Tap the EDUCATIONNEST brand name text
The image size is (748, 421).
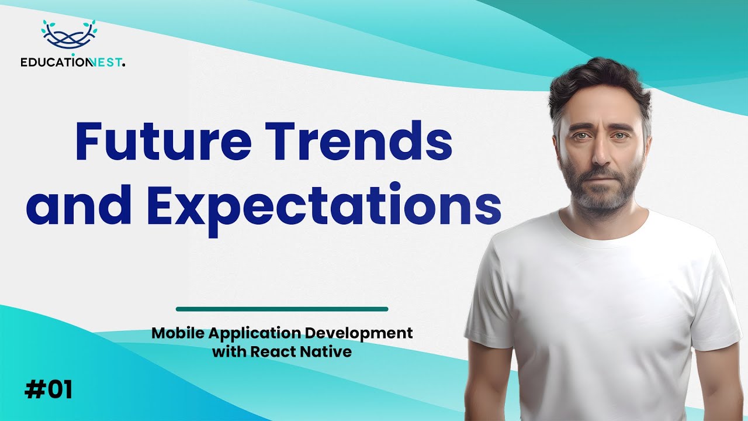pyautogui.click(x=72, y=63)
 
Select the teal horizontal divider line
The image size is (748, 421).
pyautogui.click(x=282, y=309)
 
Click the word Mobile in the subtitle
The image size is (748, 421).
pyautogui.click(x=174, y=333)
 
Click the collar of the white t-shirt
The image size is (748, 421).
pyautogui.click(x=602, y=231)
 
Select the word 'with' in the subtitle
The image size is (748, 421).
pyautogui.click(x=229, y=352)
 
